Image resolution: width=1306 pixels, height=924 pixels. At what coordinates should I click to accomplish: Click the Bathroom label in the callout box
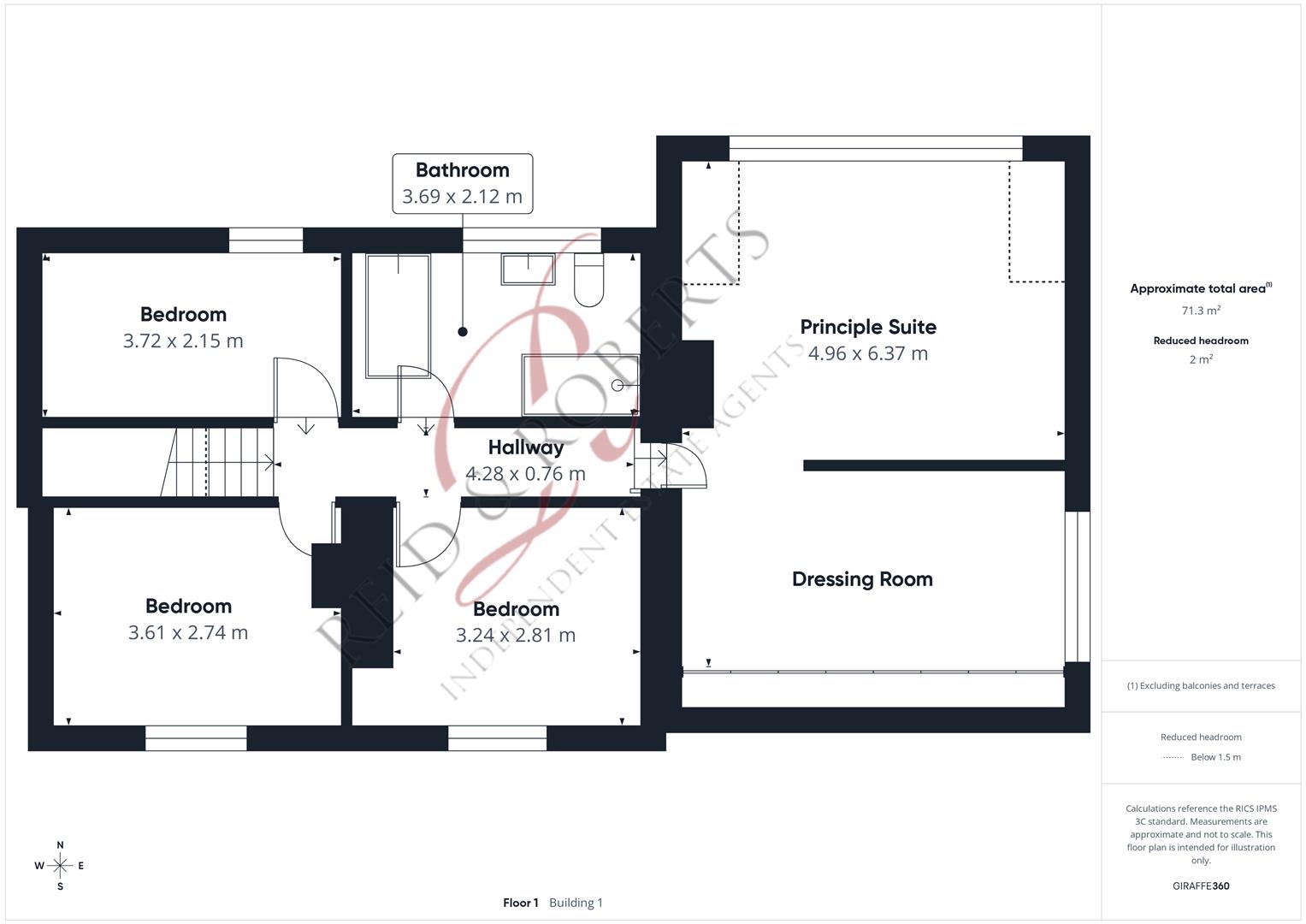pos(463,170)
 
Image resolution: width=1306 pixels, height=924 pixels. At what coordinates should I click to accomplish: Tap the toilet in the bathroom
pos(589,280)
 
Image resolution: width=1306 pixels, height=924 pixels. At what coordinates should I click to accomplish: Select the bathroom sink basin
pos(528,269)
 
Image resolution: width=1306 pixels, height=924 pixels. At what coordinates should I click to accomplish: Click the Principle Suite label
pos(868,327)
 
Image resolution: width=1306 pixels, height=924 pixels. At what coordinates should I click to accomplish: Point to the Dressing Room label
pos(862,579)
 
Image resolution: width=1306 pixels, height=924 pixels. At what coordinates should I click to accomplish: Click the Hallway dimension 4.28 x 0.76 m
pos(525,474)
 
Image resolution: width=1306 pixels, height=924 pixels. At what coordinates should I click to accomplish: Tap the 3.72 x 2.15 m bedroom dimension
pos(183,341)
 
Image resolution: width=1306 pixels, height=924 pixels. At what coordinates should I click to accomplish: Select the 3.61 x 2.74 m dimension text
pos(188,632)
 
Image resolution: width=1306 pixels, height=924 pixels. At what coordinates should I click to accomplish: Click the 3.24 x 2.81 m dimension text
pos(516,635)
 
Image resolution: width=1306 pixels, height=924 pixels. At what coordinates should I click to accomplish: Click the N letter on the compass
pos(60,845)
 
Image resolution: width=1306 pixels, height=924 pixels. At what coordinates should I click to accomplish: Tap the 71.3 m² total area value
pos(1201,311)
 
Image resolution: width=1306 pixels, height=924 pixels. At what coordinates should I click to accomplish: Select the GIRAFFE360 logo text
pos(1201,886)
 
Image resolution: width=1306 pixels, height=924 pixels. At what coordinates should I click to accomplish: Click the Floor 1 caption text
pos(521,903)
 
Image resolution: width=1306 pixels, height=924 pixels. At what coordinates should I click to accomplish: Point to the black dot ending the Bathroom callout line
pos(463,332)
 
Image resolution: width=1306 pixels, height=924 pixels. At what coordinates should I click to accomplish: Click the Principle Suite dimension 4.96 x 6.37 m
pos(868,353)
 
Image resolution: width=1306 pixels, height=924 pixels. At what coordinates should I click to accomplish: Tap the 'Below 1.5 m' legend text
pos(1216,757)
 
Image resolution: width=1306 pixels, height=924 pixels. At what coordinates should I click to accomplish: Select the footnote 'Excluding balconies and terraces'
pos(1208,686)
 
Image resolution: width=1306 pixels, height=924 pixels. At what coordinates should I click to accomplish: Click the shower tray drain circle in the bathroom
pos(617,385)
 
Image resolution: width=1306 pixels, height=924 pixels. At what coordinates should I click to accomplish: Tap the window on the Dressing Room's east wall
pos(1078,587)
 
